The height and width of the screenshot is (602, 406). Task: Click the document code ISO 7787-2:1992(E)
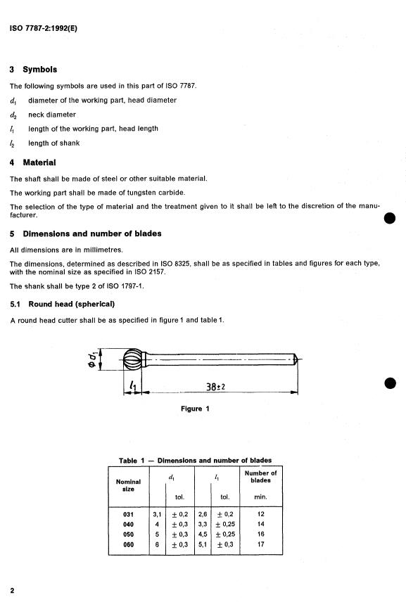pyautogui.click(x=44, y=28)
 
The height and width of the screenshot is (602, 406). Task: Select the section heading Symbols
pyautogui.click(x=40, y=70)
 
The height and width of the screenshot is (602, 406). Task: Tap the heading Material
pyautogui.click(x=39, y=162)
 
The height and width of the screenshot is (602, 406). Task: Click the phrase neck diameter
pyautogui.click(x=52, y=115)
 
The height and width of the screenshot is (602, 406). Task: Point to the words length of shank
pyautogui.click(x=53, y=143)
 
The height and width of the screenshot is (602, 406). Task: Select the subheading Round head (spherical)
pyautogui.click(x=72, y=304)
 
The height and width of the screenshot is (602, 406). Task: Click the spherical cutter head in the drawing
pyautogui.click(x=134, y=359)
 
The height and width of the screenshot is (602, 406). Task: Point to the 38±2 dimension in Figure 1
pyautogui.click(x=215, y=387)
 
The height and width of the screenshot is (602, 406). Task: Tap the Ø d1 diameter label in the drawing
pyautogui.click(x=92, y=359)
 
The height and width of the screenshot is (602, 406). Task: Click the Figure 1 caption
pyautogui.click(x=195, y=409)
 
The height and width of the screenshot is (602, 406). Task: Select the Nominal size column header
pyautogui.click(x=128, y=485)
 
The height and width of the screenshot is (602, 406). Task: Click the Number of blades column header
pyautogui.click(x=261, y=476)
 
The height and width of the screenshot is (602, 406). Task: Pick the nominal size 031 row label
pyautogui.click(x=128, y=514)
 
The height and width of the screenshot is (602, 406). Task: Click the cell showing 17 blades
pyautogui.click(x=261, y=544)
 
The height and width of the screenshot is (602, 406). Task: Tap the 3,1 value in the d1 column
pyautogui.click(x=157, y=514)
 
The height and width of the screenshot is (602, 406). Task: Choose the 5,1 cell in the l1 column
pyautogui.click(x=203, y=544)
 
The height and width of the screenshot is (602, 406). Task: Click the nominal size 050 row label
pyautogui.click(x=128, y=534)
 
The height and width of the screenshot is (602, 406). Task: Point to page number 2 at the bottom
pyautogui.click(x=12, y=591)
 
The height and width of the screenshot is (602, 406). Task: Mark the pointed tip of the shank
pyautogui.click(x=298, y=359)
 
